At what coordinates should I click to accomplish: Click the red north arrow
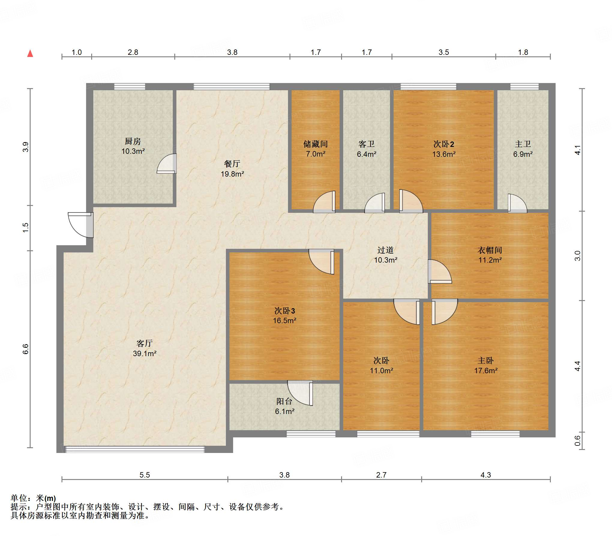point(30,53)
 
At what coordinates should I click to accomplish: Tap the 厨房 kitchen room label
point(133,141)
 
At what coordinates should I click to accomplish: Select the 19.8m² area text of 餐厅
point(232,174)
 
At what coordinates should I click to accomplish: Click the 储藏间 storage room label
point(315,144)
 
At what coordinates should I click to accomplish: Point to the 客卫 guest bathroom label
point(366,144)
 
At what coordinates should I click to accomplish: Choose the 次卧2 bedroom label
point(444,144)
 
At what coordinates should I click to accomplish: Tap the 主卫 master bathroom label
point(523,144)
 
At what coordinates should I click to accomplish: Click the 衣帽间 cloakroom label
point(490,250)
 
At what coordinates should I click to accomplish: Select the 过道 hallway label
point(385,250)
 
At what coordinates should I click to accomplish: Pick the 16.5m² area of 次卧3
point(284,320)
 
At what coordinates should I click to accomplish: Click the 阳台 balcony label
point(284,401)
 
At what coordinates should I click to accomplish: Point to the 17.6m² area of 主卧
point(486,371)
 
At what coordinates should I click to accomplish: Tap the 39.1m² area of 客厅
point(145,353)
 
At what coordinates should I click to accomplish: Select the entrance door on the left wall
point(80,225)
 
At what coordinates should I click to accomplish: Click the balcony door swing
point(300,393)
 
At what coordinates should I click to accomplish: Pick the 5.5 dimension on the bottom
point(145,475)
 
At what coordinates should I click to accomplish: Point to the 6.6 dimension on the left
point(25,349)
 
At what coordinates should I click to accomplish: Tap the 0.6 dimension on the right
point(577,441)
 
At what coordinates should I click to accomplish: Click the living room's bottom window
point(135,449)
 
